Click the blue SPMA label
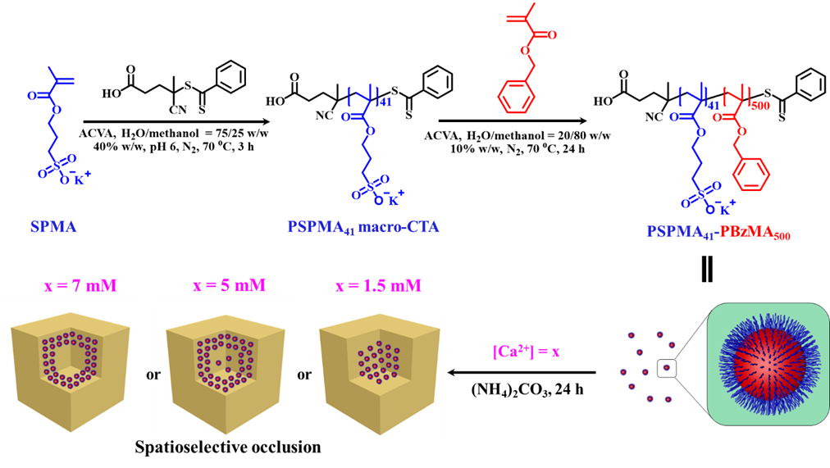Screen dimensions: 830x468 tap(53, 227)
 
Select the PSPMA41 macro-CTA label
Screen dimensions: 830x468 tap(363, 227)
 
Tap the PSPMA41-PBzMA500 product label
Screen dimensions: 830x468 tap(718, 232)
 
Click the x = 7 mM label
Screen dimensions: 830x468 tap(80, 286)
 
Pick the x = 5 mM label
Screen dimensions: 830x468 tap(229, 285)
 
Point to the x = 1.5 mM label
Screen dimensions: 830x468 tap(378, 286)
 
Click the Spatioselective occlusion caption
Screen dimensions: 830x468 tap(228, 448)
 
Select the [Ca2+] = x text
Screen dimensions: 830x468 tap(526, 351)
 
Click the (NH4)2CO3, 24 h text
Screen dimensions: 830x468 tap(527, 390)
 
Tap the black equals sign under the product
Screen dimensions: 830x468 tap(707, 269)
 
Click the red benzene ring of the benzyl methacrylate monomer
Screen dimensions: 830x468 tap(517, 96)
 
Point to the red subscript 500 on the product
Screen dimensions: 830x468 tap(760, 106)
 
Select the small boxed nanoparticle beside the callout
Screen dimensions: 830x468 tap(667, 367)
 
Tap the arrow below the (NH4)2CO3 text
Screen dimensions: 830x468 tap(522, 372)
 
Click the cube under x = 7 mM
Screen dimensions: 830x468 tap(71, 372)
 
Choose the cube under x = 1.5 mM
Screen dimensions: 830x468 tap(380, 372)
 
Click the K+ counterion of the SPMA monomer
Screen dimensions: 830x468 tap(81, 178)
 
